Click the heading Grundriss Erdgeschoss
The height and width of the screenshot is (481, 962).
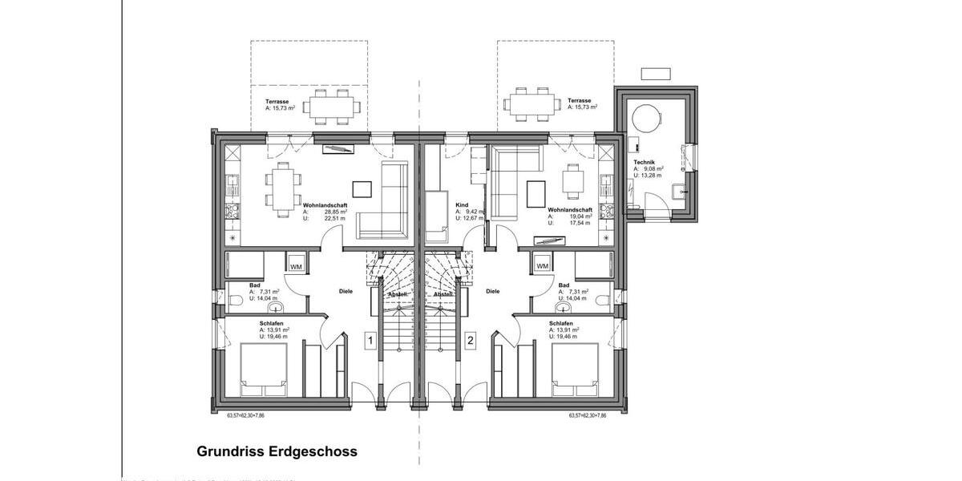(x=277, y=451)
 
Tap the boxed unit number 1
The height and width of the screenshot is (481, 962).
(x=370, y=341)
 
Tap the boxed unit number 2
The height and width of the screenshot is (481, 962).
(x=471, y=341)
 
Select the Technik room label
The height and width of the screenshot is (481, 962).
(x=645, y=161)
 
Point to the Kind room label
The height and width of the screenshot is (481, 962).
(x=461, y=204)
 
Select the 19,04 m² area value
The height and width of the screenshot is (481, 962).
(x=581, y=216)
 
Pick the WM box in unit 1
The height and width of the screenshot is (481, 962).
(x=297, y=266)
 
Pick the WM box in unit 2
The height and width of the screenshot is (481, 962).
(x=542, y=266)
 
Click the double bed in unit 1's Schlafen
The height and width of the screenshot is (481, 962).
(x=263, y=369)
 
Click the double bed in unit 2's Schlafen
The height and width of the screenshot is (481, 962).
(x=574, y=369)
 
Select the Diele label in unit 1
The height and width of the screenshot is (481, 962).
(x=346, y=292)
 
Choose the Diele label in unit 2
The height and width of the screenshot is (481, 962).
(x=492, y=292)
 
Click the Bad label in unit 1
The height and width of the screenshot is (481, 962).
(x=254, y=285)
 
